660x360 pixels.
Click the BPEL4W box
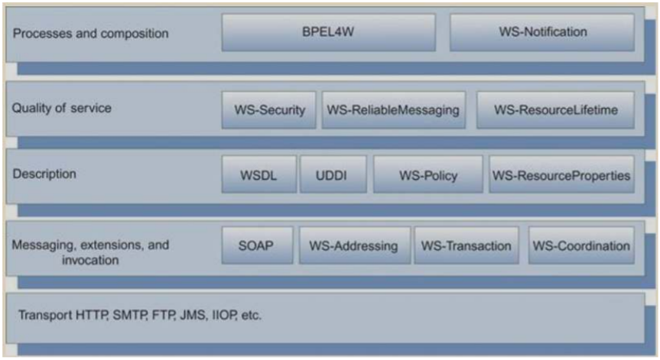(328, 32)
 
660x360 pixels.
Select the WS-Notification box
(541, 32)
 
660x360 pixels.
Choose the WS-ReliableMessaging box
(393, 110)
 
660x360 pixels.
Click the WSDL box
(258, 176)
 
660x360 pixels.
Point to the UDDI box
(333, 176)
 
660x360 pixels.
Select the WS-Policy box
(428, 176)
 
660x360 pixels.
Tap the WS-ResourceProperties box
(561, 176)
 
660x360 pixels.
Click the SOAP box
(257, 246)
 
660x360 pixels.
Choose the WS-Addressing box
(354, 246)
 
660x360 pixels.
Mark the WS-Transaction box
(467, 246)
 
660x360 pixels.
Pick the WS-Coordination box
(581, 246)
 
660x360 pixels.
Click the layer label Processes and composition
(91, 34)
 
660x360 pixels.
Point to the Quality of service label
(61, 109)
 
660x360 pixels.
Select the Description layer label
(44, 174)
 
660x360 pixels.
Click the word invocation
(90, 260)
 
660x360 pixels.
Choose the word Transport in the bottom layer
(42, 315)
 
